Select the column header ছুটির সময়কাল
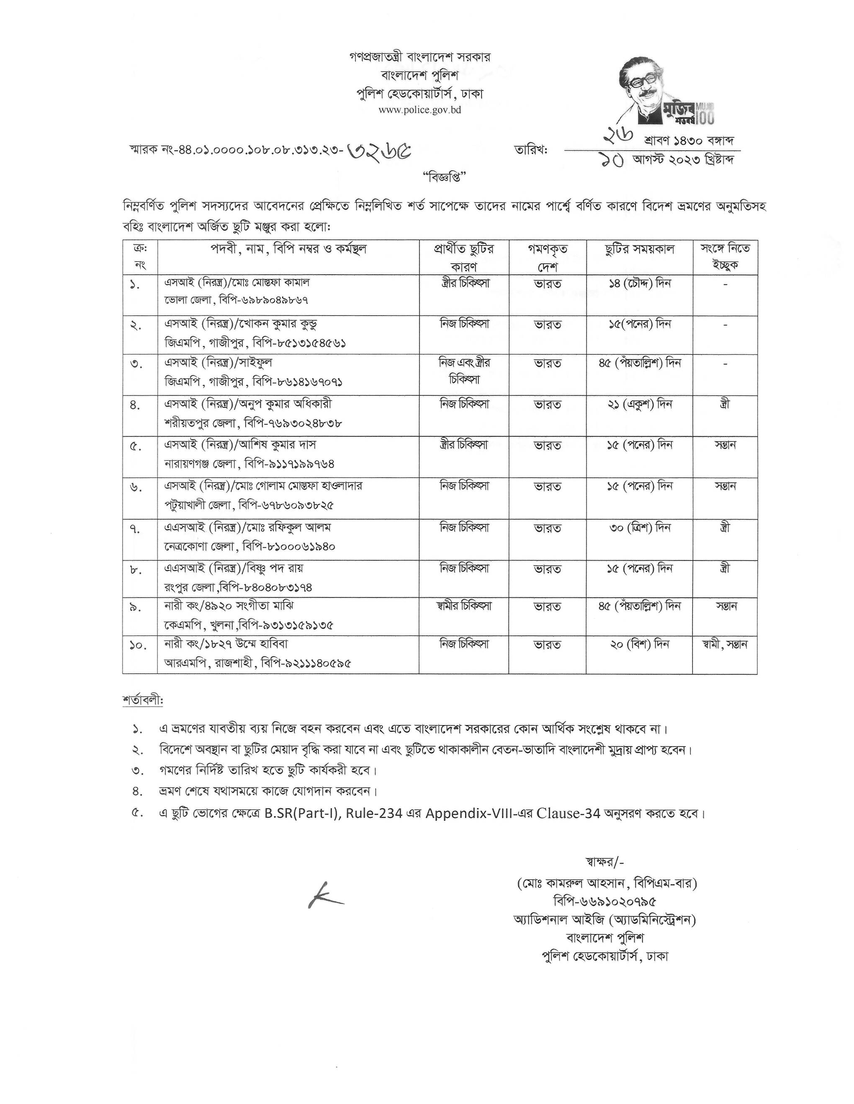pos(640,249)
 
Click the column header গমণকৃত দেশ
pos(548,257)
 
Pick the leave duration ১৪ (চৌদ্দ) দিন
pos(640,284)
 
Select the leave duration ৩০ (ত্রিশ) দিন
pos(640,528)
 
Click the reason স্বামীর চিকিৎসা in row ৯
pos(464,605)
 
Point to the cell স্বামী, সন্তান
pos(725,644)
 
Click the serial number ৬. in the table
pos(136,487)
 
